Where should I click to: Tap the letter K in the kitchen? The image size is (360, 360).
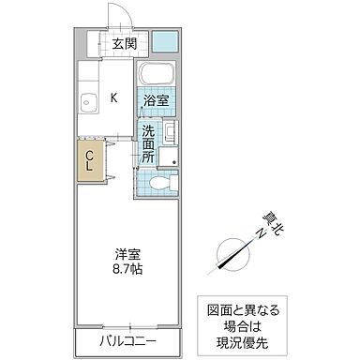114,97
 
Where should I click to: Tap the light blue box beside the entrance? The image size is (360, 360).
166,41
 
